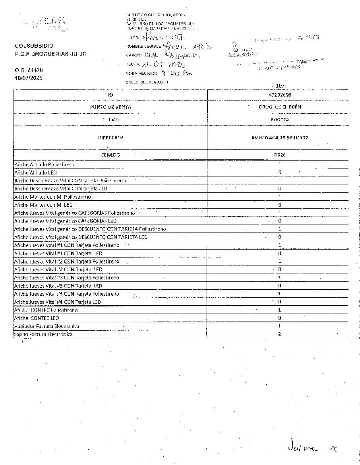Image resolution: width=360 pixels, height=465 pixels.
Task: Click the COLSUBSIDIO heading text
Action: pos(34,46)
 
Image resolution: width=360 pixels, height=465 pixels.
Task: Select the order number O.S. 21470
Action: pos(29,70)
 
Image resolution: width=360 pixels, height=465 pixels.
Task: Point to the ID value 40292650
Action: pos(280,95)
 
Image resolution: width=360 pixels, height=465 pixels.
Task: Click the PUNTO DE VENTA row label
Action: pos(110,107)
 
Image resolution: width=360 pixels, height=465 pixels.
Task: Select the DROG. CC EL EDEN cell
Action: pos(280,107)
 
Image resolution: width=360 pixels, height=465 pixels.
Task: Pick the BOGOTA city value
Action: pos(280,119)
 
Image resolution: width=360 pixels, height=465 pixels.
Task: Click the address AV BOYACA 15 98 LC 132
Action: pos(280,138)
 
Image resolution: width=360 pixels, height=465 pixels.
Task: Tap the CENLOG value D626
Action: pos(280,155)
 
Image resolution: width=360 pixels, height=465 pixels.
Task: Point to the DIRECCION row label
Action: pos(110,138)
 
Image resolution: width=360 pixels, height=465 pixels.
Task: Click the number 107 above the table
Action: pos(280,86)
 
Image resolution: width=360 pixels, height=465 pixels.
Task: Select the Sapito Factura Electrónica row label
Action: pos(43,334)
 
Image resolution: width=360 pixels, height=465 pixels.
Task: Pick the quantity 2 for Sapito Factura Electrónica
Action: pos(280,334)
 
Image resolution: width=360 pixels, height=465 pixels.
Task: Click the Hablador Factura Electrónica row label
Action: pos(46,326)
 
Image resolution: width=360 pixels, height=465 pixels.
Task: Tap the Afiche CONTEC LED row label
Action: pos(37,318)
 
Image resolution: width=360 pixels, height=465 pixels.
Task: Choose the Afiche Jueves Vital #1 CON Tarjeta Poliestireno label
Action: pos(66,245)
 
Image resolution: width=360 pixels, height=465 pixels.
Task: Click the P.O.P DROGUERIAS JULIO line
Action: pos(50,54)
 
